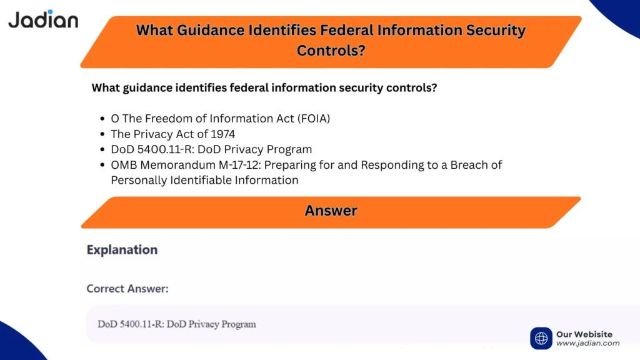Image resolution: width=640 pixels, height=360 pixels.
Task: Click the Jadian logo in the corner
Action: (42, 19)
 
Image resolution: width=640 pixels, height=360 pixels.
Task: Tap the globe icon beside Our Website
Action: (541, 338)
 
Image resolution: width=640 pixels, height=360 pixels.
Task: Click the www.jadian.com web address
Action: (587, 343)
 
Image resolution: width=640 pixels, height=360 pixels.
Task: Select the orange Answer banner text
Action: (331, 211)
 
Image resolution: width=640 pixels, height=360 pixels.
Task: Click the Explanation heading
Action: (122, 250)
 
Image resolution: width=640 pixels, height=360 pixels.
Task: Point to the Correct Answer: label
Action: (127, 289)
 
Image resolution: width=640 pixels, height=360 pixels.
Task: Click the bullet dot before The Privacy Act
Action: (102, 134)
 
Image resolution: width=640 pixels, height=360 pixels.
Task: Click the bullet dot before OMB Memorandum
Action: (102, 166)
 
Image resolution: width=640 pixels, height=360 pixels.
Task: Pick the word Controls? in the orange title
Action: (331, 50)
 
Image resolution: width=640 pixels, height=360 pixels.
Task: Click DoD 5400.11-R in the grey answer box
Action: (129, 324)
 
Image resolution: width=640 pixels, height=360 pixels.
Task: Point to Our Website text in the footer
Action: (584, 334)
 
